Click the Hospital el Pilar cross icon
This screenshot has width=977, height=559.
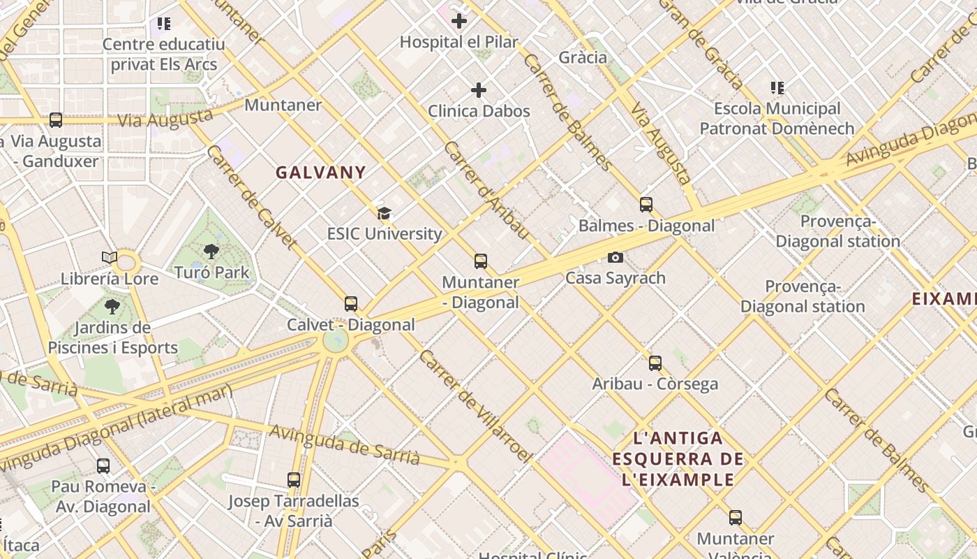point(459,21)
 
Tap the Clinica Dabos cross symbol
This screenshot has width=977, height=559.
point(479,90)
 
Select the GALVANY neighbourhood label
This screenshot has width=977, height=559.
point(321,173)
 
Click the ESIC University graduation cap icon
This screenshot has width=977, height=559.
point(384,213)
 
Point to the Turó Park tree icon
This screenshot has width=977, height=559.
point(211,252)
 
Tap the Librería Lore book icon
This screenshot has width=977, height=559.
point(110,258)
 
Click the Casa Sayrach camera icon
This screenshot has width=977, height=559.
point(615,257)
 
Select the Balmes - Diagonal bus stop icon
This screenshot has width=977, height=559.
point(646,205)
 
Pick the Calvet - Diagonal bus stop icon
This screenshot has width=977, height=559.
point(351,304)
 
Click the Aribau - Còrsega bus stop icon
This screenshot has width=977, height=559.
point(655,363)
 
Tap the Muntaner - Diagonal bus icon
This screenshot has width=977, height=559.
point(480,261)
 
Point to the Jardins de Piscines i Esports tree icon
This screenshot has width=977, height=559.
point(112,306)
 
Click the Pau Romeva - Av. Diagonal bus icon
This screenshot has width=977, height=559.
point(103,465)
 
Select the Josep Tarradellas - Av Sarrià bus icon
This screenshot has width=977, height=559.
point(294,480)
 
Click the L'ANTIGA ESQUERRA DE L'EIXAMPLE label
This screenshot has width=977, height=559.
point(678,459)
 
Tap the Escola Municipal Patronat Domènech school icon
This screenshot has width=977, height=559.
point(777,88)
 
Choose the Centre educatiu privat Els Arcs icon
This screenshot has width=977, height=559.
point(164,24)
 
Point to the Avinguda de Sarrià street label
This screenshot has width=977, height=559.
point(345,444)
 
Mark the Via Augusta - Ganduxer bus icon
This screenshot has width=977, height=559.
point(56,120)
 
